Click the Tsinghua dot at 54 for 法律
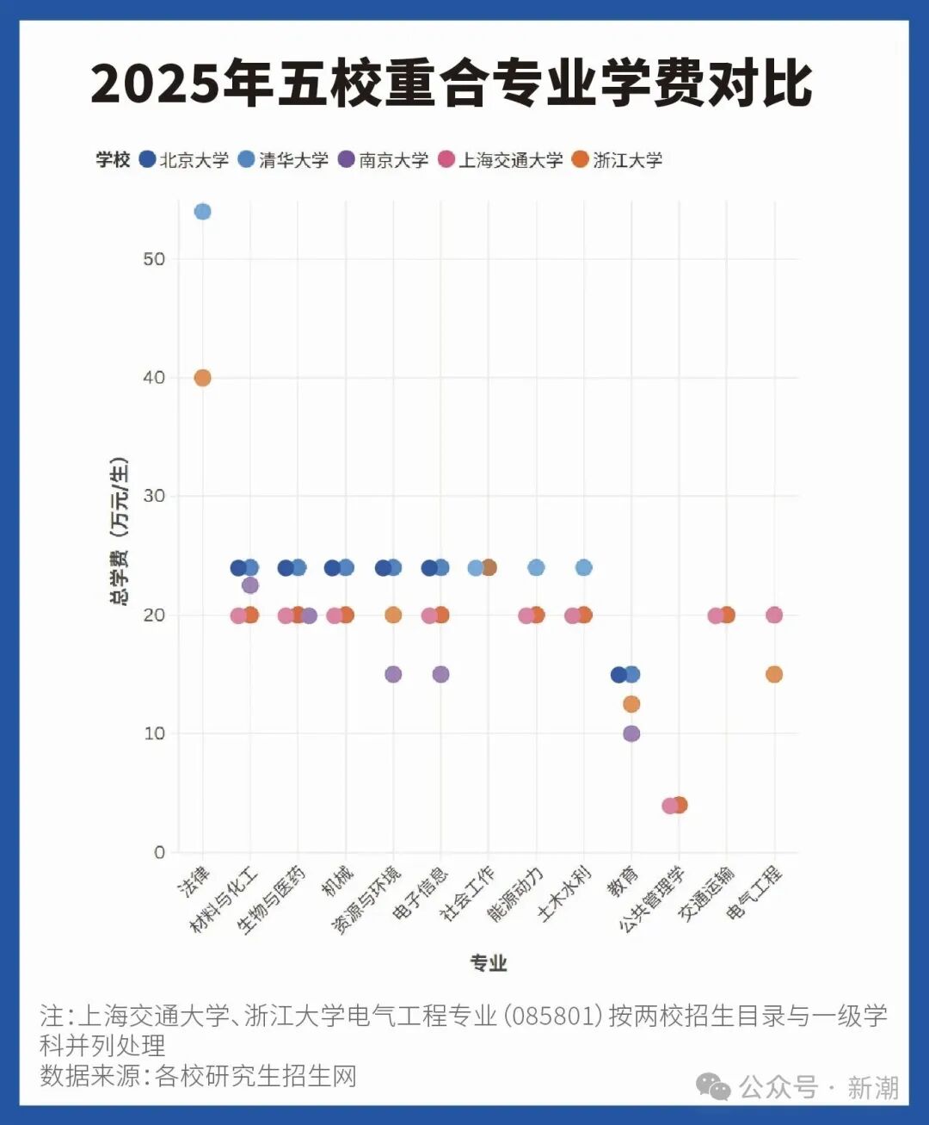tap(202, 212)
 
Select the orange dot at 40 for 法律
tap(202, 378)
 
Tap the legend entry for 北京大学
tap(184, 160)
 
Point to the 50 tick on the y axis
tap(155, 259)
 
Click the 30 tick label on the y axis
tap(155, 497)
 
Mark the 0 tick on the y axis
tap(160, 852)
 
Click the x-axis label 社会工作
tap(469, 893)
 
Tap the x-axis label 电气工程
tap(755, 893)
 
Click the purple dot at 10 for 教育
tap(631, 733)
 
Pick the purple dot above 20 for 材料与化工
tap(250, 585)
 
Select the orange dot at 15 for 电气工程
tap(774, 674)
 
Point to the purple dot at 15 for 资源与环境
tap(393, 674)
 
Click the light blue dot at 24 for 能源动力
tap(536, 568)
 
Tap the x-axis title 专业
tap(489, 963)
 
